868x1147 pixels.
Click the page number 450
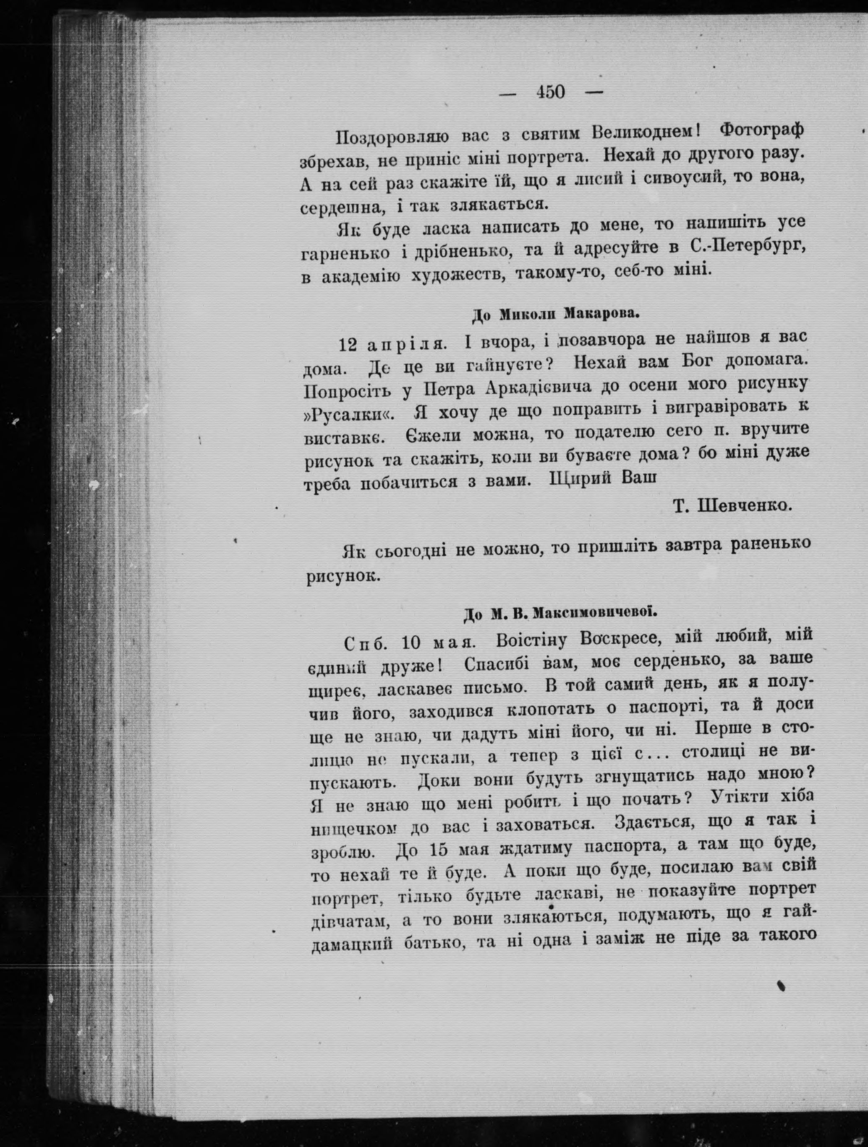click(x=551, y=92)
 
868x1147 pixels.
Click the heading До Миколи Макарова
click(x=554, y=314)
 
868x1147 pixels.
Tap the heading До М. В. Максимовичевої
click(x=560, y=614)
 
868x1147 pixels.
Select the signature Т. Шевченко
click(x=732, y=505)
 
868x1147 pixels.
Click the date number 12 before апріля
click(x=348, y=344)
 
